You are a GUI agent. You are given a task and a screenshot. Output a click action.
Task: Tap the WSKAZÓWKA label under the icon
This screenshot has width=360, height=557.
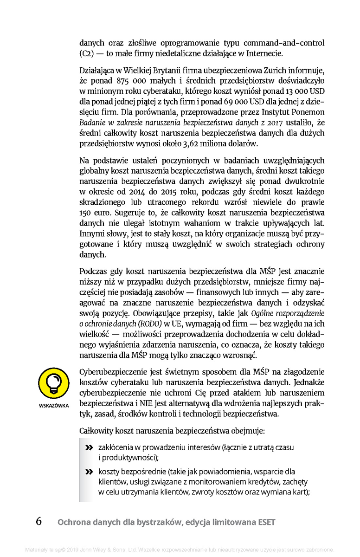coord(53,405)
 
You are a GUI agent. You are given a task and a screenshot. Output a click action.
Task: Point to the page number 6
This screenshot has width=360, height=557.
coord(39,521)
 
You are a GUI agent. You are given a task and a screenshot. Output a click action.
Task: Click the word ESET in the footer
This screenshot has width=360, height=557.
coord(265,522)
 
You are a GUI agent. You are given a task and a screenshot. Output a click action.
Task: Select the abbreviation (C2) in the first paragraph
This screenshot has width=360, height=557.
coord(86,53)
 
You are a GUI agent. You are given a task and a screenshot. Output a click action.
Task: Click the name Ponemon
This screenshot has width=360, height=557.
coord(308,112)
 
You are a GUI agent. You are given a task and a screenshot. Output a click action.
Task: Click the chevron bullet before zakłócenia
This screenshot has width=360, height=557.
coord(89,448)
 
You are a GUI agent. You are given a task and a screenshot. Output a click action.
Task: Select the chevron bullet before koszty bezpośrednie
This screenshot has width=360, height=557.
coord(89,472)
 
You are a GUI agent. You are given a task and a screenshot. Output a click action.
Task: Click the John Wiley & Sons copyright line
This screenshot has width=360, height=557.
coord(180,550)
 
